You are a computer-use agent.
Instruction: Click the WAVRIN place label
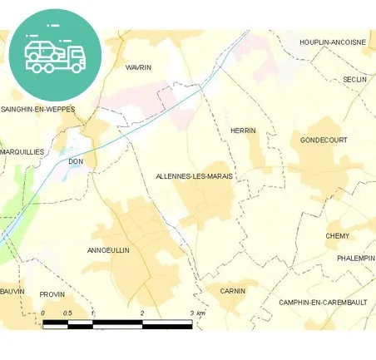[x=138, y=67]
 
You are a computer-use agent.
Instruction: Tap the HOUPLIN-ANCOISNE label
[x=332, y=42]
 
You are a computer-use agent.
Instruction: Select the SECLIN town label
[x=355, y=80]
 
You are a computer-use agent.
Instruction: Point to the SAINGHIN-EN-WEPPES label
[x=37, y=109]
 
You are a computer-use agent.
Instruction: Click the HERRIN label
[x=243, y=131]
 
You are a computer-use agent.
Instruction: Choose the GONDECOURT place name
[x=324, y=140]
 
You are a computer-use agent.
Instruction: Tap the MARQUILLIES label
[x=22, y=152]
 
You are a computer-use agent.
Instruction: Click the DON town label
[x=76, y=161]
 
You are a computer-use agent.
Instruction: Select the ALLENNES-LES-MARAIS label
[x=194, y=177]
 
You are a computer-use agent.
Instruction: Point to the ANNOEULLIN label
[x=108, y=249]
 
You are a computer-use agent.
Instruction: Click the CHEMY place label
[x=338, y=236]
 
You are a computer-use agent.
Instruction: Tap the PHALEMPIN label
[x=356, y=259]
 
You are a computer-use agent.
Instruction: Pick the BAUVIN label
[x=12, y=292]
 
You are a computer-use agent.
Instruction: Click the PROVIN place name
[x=52, y=294]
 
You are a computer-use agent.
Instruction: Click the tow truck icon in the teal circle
[x=55, y=55]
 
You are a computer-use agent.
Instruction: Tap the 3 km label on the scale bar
[x=197, y=313]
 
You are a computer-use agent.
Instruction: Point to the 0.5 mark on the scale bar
[x=67, y=313]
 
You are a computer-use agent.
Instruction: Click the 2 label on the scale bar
[x=142, y=313]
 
